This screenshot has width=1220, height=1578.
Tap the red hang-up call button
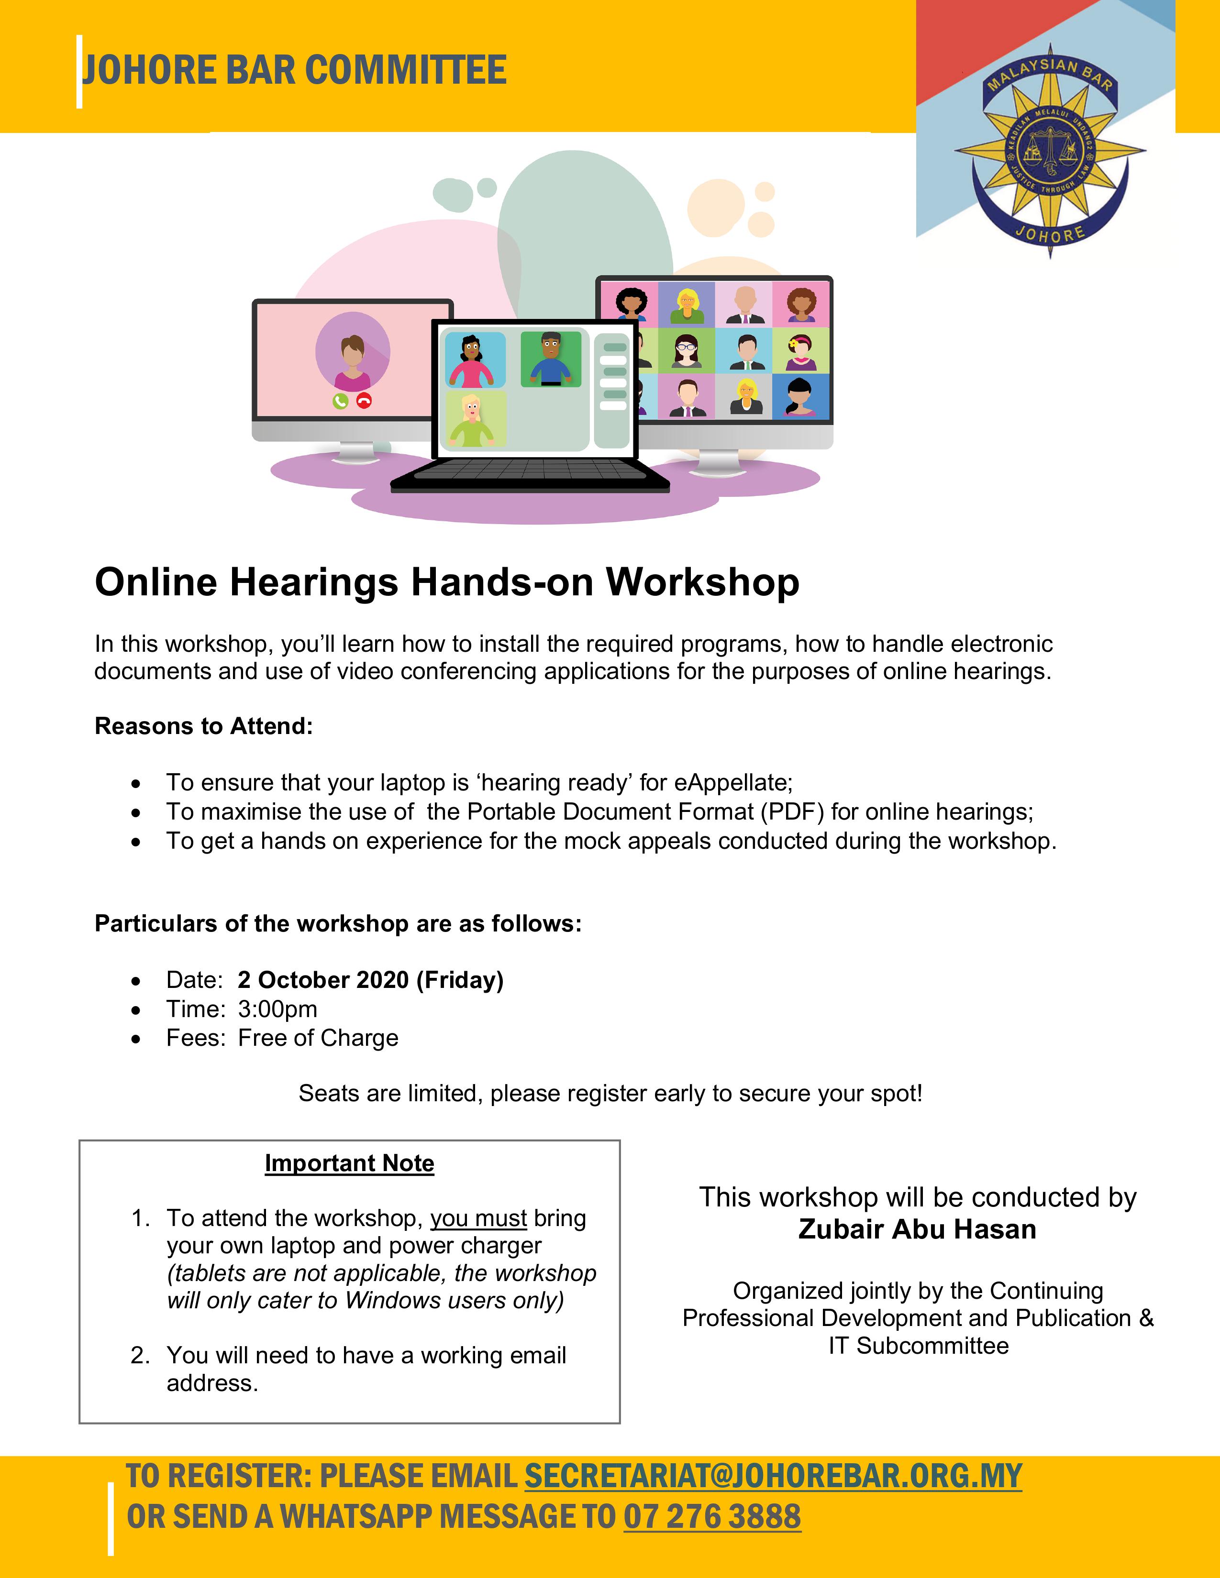(364, 401)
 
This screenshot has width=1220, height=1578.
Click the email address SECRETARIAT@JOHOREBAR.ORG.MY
(773, 1475)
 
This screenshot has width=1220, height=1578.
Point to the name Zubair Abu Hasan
(917, 1229)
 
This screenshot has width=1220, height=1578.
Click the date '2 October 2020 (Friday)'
(370, 980)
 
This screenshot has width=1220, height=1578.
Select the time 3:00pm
(277, 1008)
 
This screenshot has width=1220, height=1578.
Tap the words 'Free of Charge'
(318, 1038)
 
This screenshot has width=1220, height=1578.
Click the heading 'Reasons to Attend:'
(204, 725)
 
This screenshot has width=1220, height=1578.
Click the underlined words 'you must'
(478, 1218)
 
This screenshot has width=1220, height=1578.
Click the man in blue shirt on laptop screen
(551, 359)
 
